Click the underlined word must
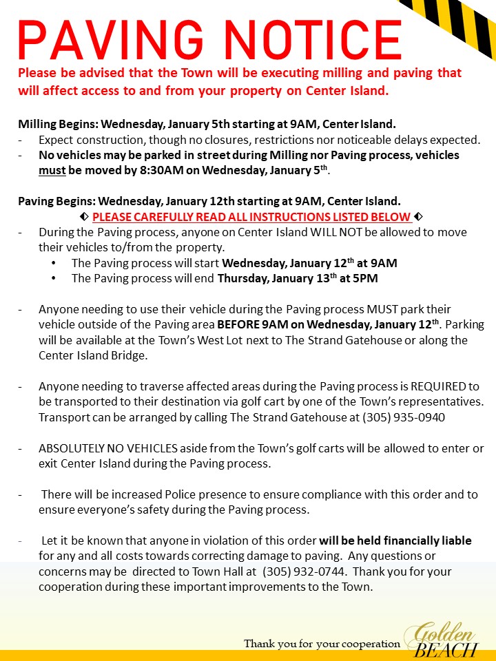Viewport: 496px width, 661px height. (52, 170)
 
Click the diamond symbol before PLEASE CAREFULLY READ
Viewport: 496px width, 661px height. (84, 217)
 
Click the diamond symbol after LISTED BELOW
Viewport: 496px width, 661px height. (418, 217)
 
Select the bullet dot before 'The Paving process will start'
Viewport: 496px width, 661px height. (54, 263)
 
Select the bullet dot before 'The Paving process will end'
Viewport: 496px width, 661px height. (54, 279)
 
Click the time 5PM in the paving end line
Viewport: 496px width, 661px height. (365, 279)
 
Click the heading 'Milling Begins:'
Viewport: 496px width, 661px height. (57, 125)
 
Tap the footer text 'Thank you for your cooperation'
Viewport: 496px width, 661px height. (322, 644)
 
